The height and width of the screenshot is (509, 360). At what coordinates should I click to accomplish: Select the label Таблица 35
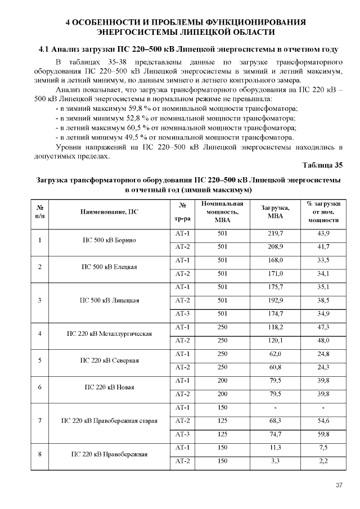[322, 165]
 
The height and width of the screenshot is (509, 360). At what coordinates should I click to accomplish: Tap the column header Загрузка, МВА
[275, 212]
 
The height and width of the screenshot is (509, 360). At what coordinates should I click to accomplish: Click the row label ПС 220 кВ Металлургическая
[109, 334]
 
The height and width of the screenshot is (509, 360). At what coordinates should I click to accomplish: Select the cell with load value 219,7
[275, 233]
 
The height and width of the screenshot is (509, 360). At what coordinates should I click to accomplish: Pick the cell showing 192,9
[275, 300]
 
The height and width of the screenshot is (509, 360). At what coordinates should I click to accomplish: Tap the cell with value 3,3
[275, 461]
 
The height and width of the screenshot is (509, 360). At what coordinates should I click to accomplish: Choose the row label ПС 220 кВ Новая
[109, 387]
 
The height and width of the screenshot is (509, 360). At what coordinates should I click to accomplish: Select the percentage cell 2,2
[323, 461]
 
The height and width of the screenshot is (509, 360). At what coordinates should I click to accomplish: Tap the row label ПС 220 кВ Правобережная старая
[109, 421]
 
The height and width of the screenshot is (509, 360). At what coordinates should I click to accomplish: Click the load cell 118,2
[275, 327]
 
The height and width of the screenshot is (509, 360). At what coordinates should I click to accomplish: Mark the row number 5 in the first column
[39, 361]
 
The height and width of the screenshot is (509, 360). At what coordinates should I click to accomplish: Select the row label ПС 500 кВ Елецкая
[109, 267]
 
